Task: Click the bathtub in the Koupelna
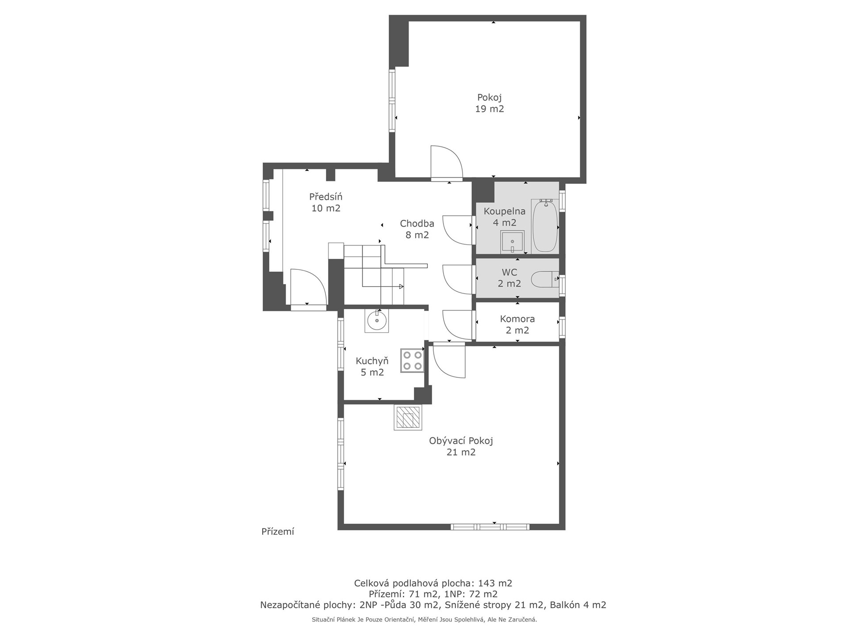[545, 226]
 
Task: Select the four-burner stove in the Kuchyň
[412, 361]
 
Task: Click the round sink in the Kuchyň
[377, 321]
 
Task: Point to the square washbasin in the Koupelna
[512, 242]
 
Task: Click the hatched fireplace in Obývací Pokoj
[408, 418]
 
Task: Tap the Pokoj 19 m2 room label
[490, 103]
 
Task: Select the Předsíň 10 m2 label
[326, 202]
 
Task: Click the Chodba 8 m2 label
[417, 229]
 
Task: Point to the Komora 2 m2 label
[517, 324]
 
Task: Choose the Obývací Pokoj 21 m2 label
[461, 446]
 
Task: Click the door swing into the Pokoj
[447, 163]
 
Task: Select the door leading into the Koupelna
[458, 230]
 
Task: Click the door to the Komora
[458, 325]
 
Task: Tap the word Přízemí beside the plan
[278, 532]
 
